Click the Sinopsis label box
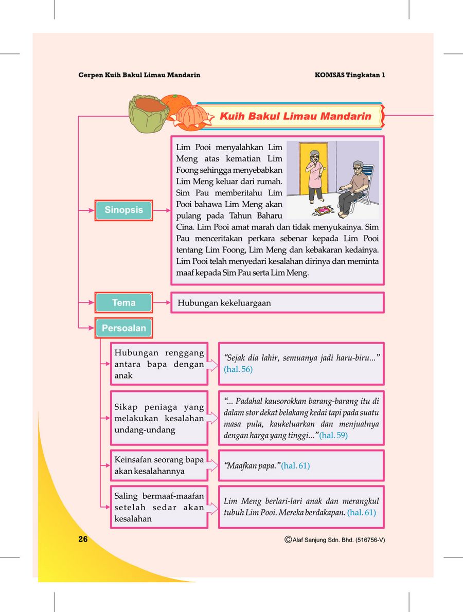click(x=123, y=210)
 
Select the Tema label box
click(x=123, y=303)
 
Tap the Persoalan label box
click(x=123, y=328)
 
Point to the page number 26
click(x=83, y=539)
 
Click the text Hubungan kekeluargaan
click(x=224, y=303)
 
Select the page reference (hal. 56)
click(x=238, y=369)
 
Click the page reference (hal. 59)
click(x=333, y=436)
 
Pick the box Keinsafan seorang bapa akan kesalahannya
click(x=159, y=465)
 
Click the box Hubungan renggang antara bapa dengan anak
click(x=159, y=364)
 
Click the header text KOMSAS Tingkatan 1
click(x=350, y=75)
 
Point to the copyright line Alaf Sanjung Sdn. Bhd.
click(x=334, y=540)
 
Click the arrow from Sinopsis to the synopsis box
click(x=162, y=210)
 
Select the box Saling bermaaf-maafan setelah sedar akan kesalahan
click(x=159, y=507)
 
